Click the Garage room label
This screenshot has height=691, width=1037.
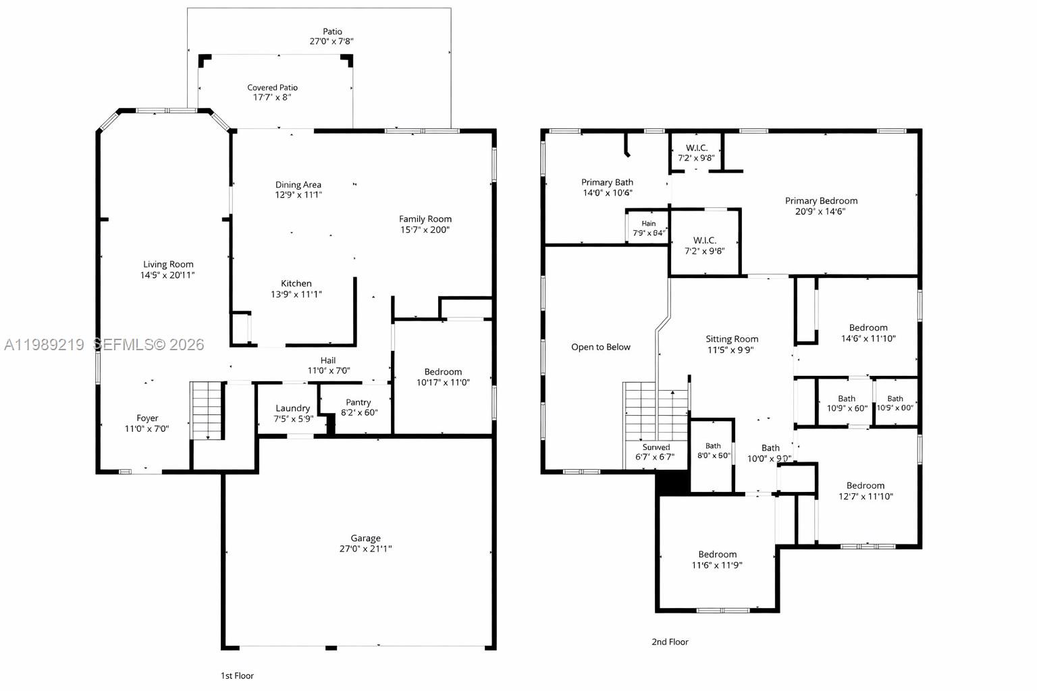[365, 538]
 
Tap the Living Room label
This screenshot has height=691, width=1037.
[168, 265]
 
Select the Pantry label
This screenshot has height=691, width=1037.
[358, 402]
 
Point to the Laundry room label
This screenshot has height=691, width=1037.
[293, 408]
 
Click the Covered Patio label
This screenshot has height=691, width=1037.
[272, 88]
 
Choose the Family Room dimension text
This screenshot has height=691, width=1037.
[425, 229]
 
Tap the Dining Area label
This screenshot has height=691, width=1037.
[298, 185]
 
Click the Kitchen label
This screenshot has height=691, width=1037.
[296, 283]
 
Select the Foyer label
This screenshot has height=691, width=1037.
[147, 418]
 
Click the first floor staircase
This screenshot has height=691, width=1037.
[207, 410]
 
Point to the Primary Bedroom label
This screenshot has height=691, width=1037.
[821, 200]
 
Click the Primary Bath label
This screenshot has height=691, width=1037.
[607, 182]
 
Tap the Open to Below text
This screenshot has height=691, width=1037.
[600, 347]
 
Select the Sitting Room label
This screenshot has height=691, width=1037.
[732, 339]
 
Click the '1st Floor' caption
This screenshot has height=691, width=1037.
[237, 675]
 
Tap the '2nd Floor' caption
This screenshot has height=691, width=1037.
[670, 642]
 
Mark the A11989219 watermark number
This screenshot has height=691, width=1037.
[44, 345]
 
